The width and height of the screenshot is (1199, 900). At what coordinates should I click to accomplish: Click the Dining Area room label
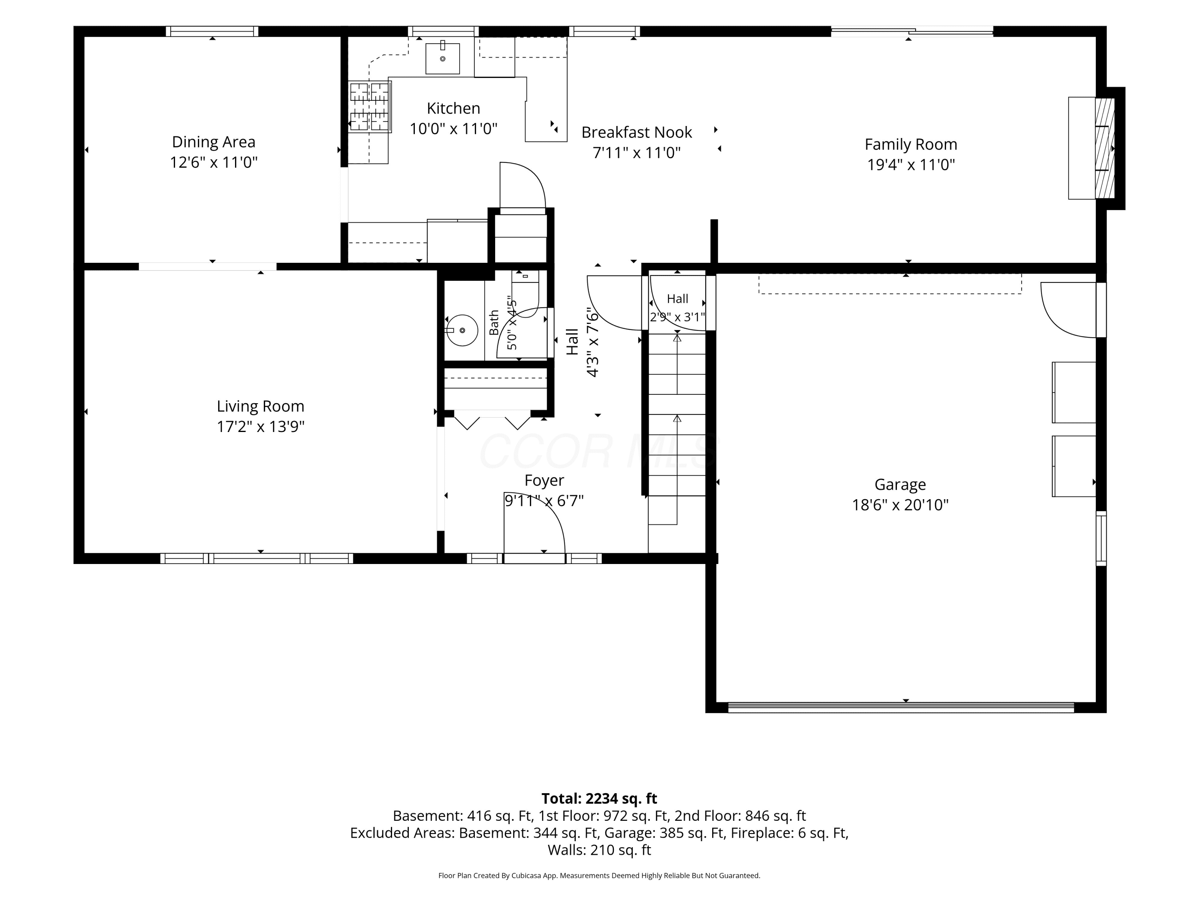click(x=213, y=142)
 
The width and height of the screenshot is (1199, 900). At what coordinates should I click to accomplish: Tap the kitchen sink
click(x=442, y=58)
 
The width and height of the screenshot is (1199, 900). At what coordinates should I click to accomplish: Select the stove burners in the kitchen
click(x=370, y=106)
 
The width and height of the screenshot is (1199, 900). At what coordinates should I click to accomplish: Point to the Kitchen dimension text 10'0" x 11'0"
click(x=453, y=129)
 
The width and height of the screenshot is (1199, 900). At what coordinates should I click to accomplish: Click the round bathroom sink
click(x=462, y=330)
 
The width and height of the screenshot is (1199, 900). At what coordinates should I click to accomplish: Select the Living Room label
click(x=260, y=406)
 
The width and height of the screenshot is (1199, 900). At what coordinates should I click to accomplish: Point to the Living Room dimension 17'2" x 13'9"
click(x=260, y=427)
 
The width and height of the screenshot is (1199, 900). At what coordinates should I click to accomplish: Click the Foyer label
click(x=544, y=481)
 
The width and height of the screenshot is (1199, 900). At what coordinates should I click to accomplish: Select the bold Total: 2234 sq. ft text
click(x=599, y=798)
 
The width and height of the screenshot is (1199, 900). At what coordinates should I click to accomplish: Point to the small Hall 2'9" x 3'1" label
click(x=677, y=308)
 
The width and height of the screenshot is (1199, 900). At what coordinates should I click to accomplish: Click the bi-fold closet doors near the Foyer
click(x=492, y=421)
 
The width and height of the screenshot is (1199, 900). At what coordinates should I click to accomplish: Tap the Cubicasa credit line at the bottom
click(x=599, y=876)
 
